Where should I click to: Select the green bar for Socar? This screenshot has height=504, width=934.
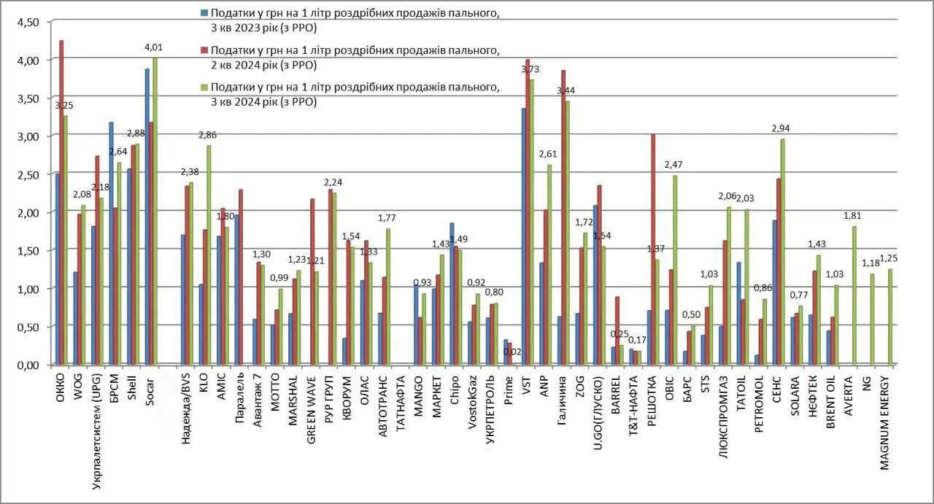[154, 212]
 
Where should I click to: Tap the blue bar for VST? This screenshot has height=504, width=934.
[524, 236]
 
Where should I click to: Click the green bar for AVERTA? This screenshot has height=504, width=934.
[854, 295]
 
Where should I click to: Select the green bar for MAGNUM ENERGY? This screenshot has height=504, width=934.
[890, 317]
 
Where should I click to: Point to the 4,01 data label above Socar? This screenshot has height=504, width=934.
[154, 47]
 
